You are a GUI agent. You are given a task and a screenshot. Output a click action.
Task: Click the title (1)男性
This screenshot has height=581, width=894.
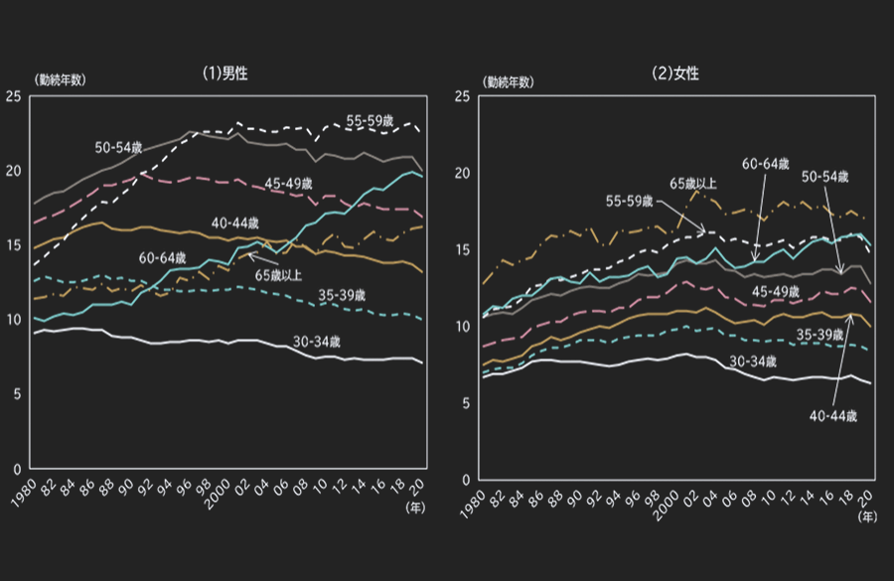(x=222, y=73)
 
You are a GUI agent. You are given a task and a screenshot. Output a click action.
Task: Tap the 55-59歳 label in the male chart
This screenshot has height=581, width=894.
(x=372, y=120)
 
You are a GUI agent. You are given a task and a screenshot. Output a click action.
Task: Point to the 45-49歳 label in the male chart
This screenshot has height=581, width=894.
(x=291, y=183)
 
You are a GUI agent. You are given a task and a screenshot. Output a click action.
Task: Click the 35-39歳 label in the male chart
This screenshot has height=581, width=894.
(x=342, y=295)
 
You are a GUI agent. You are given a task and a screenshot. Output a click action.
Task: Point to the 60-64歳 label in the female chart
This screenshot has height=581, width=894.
(x=766, y=164)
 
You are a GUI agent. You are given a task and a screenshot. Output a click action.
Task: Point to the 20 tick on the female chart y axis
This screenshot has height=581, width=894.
(x=464, y=173)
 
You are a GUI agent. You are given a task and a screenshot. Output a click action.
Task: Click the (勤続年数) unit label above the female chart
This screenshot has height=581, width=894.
(x=508, y=80)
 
